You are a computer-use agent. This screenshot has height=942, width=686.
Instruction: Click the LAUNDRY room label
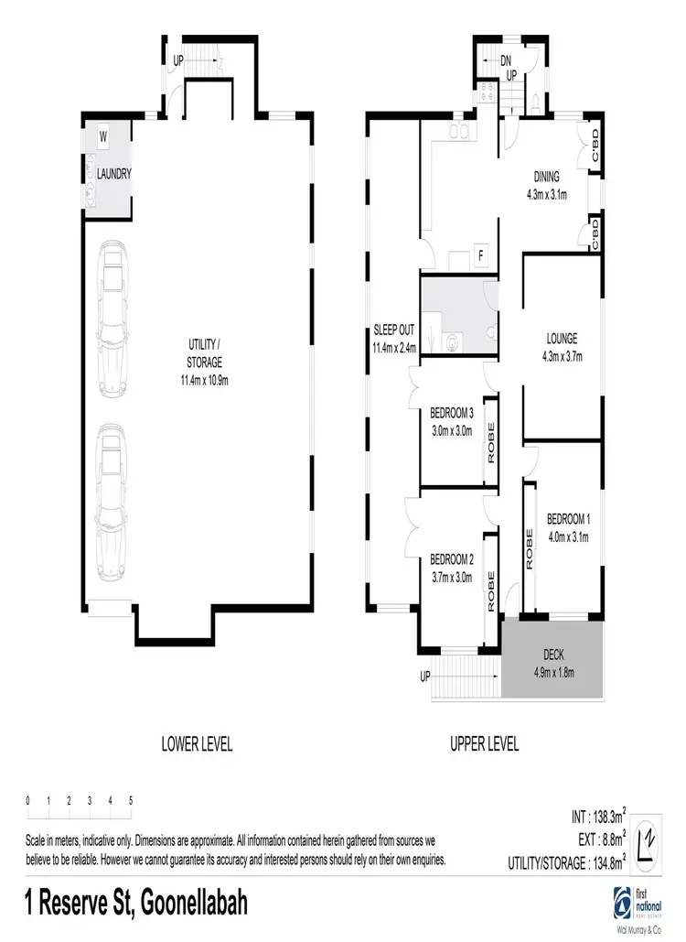coord(115,174)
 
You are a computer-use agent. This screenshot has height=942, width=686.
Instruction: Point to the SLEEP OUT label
coord(394,332)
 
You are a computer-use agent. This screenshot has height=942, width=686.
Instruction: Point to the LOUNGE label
coord(563,337)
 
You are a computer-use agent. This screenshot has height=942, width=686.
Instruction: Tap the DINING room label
coord(546,177)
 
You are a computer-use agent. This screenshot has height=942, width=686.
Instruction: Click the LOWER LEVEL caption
coord(196,744)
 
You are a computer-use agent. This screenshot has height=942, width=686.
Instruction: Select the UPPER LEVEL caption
coord(484,744)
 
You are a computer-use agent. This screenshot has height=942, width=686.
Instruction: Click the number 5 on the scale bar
coord(131,800)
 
